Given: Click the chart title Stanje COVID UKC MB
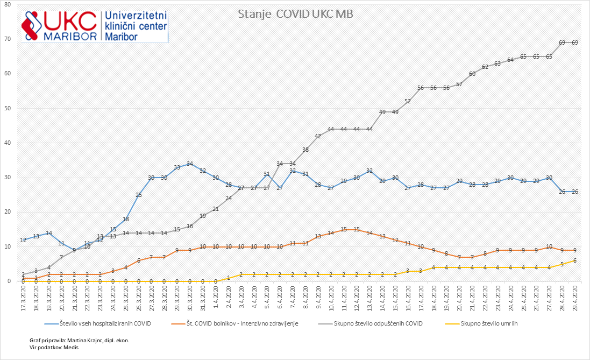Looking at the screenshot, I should (295, 14).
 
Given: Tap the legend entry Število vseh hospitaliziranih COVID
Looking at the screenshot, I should (96, 323).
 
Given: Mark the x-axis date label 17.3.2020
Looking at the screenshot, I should (24, 298).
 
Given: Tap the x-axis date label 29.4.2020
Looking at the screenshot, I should (575, 298).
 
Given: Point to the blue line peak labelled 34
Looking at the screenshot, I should (190, 164).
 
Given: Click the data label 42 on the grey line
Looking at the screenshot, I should (318, 136).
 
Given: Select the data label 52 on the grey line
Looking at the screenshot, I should (408, 101).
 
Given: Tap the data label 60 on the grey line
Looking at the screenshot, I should (472, 74).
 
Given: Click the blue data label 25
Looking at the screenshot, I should (139, 195).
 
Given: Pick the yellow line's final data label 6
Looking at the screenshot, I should (575, 260).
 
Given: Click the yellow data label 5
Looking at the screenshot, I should (562, 264).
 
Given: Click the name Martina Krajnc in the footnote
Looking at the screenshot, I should (91, 341).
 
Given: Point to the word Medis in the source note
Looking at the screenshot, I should (72, 348).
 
